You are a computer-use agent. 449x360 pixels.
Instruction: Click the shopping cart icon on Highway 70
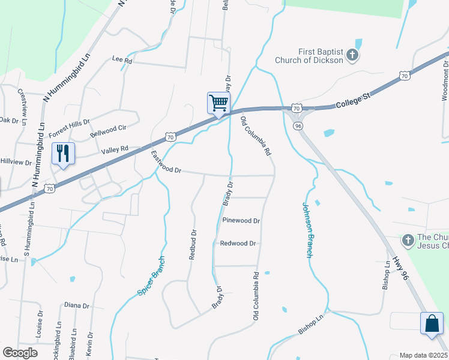pos(218,103)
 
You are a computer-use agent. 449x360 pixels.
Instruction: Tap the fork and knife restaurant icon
pos(63,153)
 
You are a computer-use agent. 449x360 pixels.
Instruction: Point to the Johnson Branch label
pos(308,230)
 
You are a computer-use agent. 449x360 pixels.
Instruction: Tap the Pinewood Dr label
pos(241,221)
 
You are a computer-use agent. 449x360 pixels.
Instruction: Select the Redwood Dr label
pos(238,244)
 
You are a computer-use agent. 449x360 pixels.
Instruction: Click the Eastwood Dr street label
pos(166,163)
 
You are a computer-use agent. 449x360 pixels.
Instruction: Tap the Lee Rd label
pos(122,61)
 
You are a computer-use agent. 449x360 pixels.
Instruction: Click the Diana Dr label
pos(76,305)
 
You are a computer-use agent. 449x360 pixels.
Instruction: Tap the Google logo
pos(20,353)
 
